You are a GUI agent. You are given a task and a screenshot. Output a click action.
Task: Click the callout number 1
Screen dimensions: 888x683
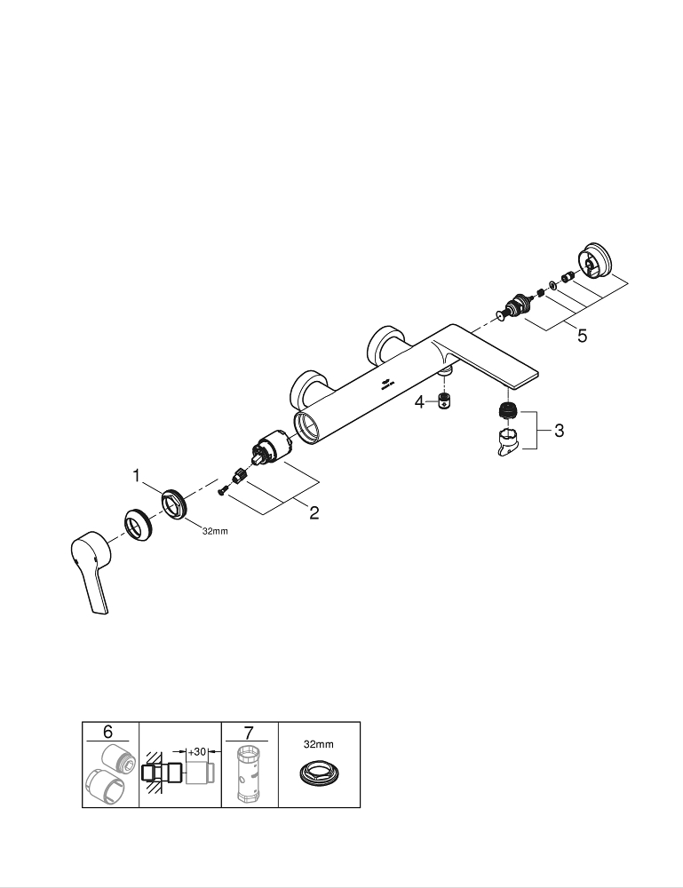pyautogui.click(x=137, y=476)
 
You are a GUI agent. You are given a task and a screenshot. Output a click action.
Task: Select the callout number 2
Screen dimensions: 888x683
pyautogui.click(x=314, y=512)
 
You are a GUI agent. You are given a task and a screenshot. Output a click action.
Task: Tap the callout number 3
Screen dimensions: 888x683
pyautogui.click(x=559, y=431)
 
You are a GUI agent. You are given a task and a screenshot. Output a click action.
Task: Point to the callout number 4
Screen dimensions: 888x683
pyautogui.click(x=420, y=402)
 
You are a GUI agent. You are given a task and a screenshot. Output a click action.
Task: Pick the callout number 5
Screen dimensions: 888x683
pyautogui.click(x=582, y=337)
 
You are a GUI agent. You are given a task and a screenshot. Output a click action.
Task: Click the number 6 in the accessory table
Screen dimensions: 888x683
pyautogui.click(x=107, y=732)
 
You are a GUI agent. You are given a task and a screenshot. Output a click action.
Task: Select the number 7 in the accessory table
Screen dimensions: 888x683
pyautogui.click(x=248, y=732)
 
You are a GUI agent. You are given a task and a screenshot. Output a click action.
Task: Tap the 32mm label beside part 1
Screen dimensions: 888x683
pyautogui.click(x=215, y=531)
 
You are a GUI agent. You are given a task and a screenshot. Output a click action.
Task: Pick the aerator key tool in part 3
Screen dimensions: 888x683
pyautogui.click(x=510, y=440)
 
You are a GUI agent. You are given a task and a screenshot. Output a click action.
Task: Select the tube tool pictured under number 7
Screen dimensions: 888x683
pyautogui.click(x=248, y=774)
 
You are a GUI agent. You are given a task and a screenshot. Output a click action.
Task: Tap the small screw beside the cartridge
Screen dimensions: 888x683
pyautogui.click(x=225, y=486)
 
